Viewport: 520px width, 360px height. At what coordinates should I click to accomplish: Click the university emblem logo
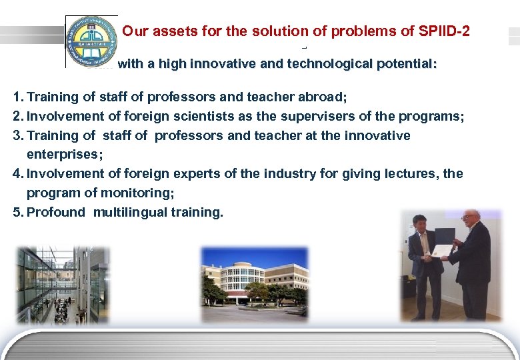[91, 41]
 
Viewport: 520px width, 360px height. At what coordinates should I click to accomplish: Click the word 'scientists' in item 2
[203, 117]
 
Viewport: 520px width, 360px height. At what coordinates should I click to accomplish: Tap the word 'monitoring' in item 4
[139, 193]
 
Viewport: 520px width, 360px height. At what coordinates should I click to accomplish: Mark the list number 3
[17, 136]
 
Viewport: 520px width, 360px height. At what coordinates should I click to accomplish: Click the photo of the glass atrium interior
[61, 285]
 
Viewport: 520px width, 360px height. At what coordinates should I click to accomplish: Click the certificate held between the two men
[442, 250]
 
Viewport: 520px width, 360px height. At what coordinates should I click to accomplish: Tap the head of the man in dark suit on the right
[471, 221]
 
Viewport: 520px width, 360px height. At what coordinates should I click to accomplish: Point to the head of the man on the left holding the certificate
[420, 222]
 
